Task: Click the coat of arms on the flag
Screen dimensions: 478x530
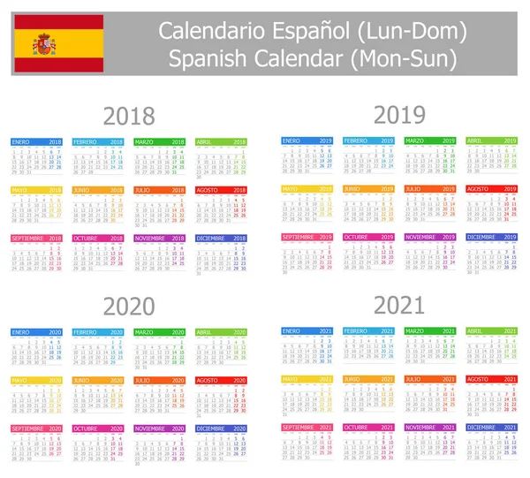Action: tap(44, 42)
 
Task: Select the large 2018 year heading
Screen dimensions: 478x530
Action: tap(129, 116)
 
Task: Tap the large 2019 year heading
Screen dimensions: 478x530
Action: tap(399, 114)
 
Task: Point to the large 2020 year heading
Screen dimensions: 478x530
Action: tap(129, 307)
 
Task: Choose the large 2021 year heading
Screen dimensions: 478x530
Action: tap(399, 306)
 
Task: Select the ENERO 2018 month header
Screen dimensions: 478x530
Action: tap(36, 141)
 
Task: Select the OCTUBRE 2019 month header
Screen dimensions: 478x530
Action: tap(367, 237)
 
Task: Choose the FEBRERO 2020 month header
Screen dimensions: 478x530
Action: tap(97, 332)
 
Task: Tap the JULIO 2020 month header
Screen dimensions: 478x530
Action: tap(159, 380)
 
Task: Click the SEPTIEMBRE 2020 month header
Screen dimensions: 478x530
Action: tap(36, 429)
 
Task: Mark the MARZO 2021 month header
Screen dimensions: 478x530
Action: tap(429, 331)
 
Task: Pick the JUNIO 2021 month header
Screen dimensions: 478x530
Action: tap(367, 379)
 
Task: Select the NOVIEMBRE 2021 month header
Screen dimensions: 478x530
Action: tap(429, 427)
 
